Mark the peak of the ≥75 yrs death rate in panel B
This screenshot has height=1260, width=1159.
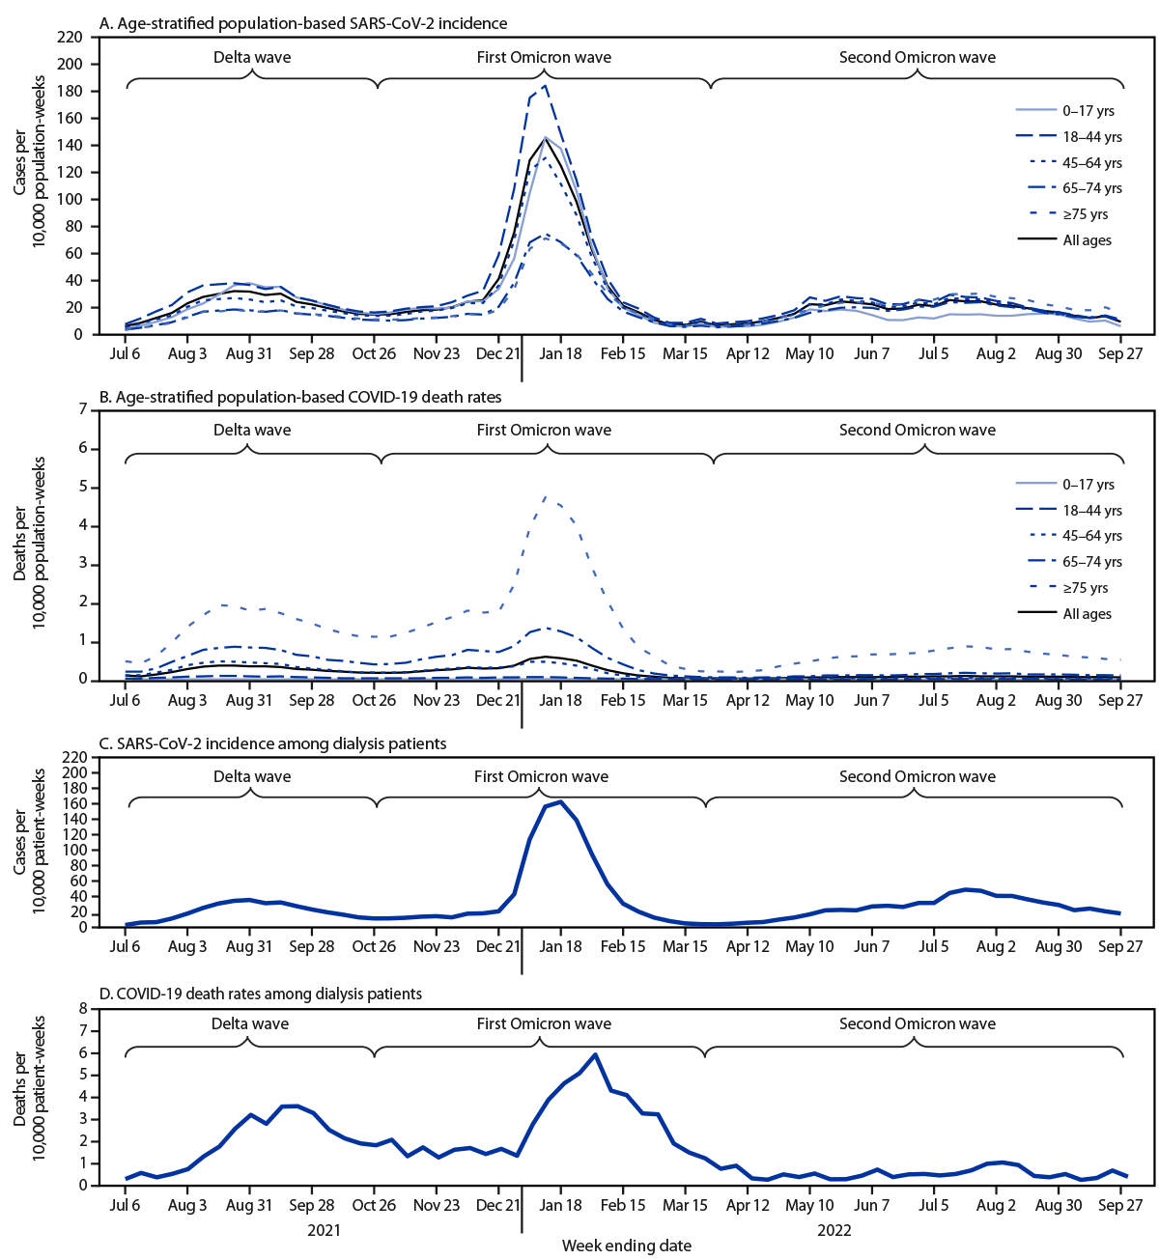click(x=547, y=497)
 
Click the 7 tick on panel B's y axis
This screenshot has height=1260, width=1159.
click(x=81, y=410)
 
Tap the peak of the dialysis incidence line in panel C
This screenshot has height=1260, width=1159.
click(x=561, y=801)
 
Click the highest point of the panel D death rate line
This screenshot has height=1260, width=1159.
click(x=596, y=1054)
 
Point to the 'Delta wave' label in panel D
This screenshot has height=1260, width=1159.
click(x=250, y=1023)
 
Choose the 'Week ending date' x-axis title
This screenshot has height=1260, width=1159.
click(x=627, y=1246)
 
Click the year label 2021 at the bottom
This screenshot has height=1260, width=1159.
click(x=324, y=1231)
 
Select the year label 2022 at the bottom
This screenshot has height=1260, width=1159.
click(x=834, y=1231)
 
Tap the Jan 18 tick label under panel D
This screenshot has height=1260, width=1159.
click(x=560, y=1205)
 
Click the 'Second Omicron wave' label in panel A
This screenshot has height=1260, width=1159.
click(x=917, y=57)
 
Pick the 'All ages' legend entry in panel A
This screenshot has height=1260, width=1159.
click(x=1087, y=240)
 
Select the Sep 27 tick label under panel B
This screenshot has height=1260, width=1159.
click(x=1120, y=700)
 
